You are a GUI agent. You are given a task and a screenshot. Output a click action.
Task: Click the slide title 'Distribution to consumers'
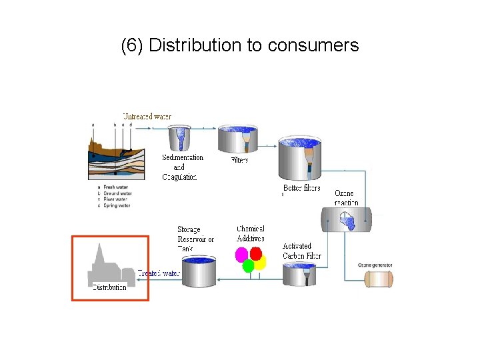[x=240, y=45]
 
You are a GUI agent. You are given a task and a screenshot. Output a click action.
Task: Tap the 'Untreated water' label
[x=147, y=117]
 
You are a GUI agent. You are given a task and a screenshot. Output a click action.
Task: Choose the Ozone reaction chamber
[x=347, y=219]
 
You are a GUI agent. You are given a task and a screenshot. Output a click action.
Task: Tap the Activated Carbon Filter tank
[x=299, y=273]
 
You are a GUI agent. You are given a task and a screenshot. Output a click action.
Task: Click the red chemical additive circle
[x=256, y=253]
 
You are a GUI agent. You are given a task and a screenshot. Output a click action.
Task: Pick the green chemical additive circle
[x=249, y=266]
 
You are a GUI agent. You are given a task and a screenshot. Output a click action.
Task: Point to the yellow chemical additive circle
[x=260, y=263]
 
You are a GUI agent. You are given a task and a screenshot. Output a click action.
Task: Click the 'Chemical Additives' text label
[x=251, y=233]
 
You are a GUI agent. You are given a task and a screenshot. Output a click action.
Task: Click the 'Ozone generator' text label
[x=375, y=265]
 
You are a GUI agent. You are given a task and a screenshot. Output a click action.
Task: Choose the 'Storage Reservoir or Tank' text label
[x=195, y=238]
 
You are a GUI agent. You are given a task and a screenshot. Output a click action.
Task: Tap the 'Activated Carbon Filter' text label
[x=301, y=251]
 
